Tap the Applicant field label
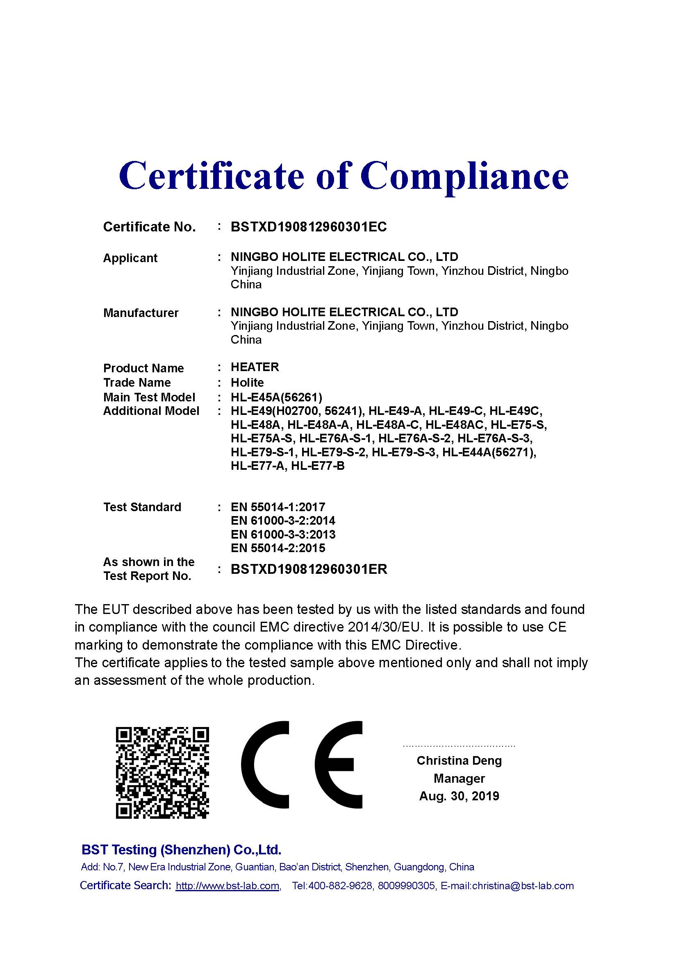tap(130, 258)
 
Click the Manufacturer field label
tap(141, 313)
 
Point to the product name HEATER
tap(255, 367)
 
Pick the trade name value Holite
tap(247, 382)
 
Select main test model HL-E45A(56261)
tap(276, 397)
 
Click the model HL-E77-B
tap(318, 466)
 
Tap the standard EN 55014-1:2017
tap(278, 507)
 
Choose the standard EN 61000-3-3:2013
tap(283, 534)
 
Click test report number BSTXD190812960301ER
tap(309, 569)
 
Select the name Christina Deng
tap(459, 761)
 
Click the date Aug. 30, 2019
tap(459, 796)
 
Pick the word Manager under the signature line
tap(459, 779)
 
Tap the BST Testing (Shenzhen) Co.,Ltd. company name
tap(181, 850)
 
